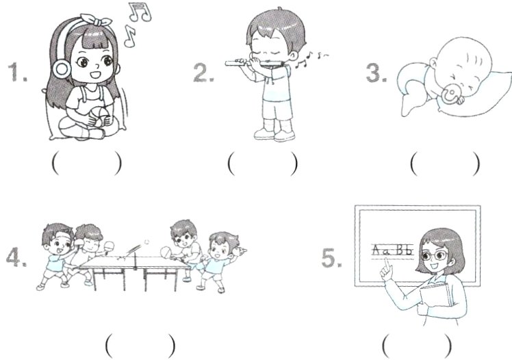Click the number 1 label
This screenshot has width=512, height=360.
click(x=17, y=72)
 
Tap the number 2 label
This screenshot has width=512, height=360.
click(x=203, y=72)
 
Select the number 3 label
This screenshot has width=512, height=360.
click(x=376, y=72)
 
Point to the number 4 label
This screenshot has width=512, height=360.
click(x=16, y=257)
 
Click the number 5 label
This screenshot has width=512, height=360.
click(x=332, y=257)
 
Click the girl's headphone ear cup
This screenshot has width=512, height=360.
click(x=62, y=68)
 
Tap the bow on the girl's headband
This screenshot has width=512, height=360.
click(x=97, y=21)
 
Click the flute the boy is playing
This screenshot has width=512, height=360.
click(x=253, y=63)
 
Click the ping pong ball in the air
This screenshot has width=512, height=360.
click(x=146, y=242)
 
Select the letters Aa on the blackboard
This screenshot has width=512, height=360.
click(x=381, y=250)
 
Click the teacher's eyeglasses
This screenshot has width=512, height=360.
click(x=435, y=255)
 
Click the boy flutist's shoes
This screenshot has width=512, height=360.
click(x=274, y=134)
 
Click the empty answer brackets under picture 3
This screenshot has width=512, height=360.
click(x=446, y=164)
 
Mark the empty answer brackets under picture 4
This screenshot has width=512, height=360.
click(x=140, y=346)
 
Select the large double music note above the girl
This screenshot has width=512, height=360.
click(x=140, y=12)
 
